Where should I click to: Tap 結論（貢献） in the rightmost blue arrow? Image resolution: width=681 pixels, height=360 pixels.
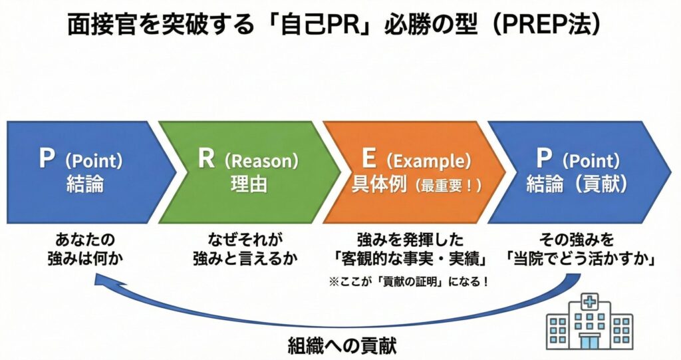[x=577, y=184]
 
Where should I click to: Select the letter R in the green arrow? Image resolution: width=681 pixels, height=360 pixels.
[x=205, y=160]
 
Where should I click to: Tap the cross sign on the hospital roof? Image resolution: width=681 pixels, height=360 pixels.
[x=589, y=301]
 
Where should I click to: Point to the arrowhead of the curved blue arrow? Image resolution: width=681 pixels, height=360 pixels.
[x=98, y=282]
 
